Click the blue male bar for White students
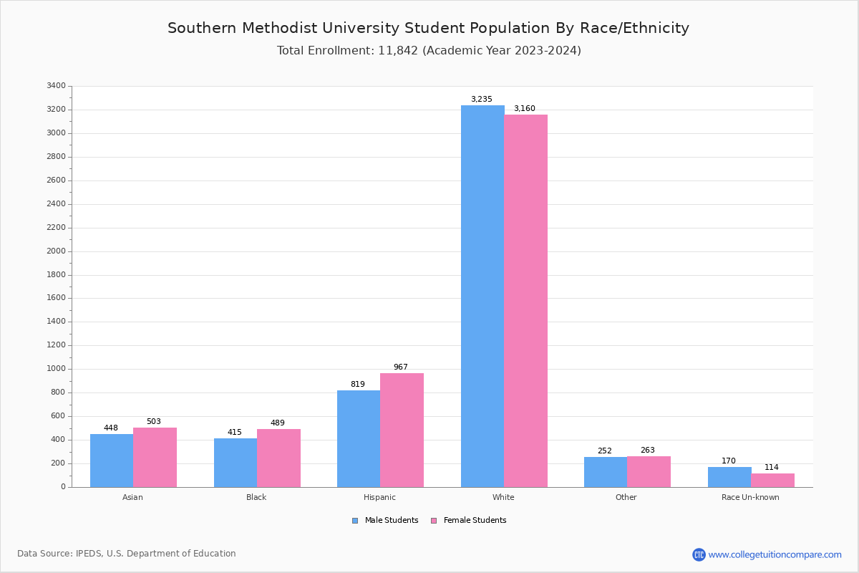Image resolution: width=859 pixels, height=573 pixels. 482,296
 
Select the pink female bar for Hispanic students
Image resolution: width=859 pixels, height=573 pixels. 402,430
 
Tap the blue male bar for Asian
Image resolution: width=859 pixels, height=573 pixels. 112,461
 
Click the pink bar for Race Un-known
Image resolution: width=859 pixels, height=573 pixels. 772,480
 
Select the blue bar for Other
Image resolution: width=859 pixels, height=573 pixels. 606,472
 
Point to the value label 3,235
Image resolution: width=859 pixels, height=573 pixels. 481,100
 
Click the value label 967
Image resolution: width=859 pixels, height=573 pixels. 400,367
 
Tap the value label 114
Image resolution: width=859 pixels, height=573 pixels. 771,468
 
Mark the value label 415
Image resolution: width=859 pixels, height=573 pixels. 235,433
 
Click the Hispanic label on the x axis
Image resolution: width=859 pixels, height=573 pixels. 379,497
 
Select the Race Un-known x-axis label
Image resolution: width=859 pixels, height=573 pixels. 750,497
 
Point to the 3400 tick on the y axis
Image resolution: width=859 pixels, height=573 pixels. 56,86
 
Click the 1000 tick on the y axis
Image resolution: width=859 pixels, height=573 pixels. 56,369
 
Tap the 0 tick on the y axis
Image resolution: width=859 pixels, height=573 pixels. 63,487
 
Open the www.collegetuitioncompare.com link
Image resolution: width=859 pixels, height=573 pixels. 775,554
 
